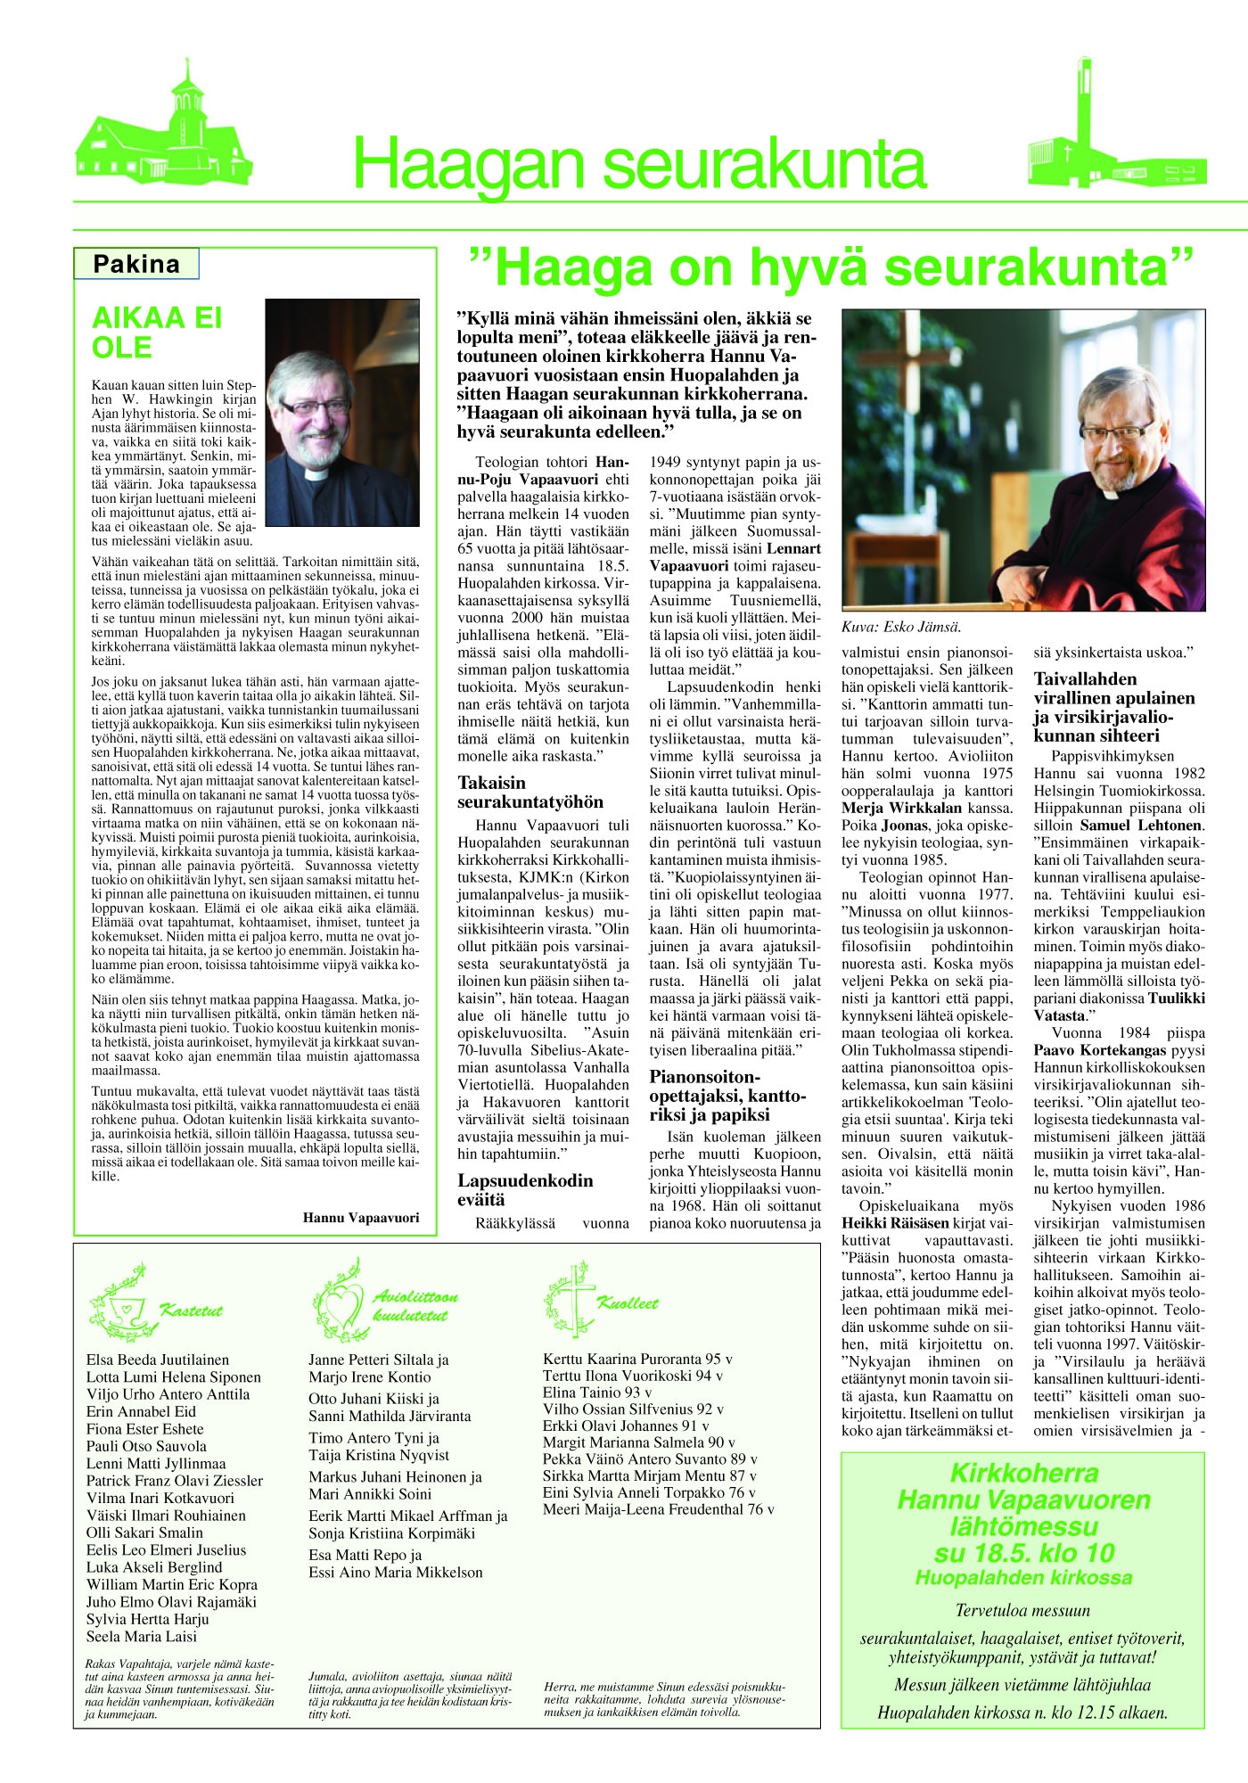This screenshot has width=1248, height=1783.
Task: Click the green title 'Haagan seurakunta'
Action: [639, 164]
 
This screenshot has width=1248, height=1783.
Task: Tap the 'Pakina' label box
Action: [136, 265]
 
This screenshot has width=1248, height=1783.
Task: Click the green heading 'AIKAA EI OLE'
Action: [157, 333]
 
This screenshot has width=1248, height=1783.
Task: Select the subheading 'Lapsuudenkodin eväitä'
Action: [525, 1189]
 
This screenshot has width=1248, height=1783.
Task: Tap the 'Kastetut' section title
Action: [191, 1311]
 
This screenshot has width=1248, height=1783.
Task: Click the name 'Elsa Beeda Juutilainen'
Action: [158, 1360]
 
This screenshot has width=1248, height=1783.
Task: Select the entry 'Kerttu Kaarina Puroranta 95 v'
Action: [637, 1359]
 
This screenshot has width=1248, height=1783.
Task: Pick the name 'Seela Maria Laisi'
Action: [142, 1636]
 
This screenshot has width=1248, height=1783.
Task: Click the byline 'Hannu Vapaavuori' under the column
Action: [360, 1217]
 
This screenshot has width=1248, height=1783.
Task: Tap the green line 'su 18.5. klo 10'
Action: [1023, 1553]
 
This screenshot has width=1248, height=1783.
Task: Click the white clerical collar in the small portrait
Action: [317, 473]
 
